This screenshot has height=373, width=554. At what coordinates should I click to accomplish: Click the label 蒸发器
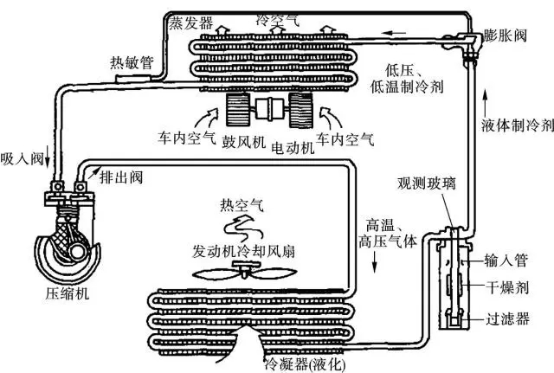click(190, 23)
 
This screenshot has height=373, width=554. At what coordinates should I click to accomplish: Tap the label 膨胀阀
click(506, 35)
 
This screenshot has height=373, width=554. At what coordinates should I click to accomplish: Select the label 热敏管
click(132, 63)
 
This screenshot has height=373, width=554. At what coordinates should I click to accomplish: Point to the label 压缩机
click(68, 293)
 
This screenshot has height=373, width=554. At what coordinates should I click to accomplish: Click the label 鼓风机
click(244, 142)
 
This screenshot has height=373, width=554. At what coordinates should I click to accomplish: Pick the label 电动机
click(293, 148)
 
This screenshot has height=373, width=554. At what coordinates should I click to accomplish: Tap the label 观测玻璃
click(427, 183)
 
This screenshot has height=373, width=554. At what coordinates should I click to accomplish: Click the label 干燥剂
click(507, 287)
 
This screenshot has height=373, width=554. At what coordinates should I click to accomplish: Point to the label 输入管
click(506, 260)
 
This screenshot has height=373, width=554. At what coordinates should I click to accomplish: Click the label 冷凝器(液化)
click(306, 364)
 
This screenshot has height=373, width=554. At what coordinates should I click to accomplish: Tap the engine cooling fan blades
click(244, 272)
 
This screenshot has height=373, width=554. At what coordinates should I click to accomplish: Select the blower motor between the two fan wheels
click(269, 109)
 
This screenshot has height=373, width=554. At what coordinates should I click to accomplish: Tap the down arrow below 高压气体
click(375, 262)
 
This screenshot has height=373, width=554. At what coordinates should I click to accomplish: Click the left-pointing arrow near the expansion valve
click(394, 33)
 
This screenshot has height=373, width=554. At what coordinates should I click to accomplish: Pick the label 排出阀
click(121, 177)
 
